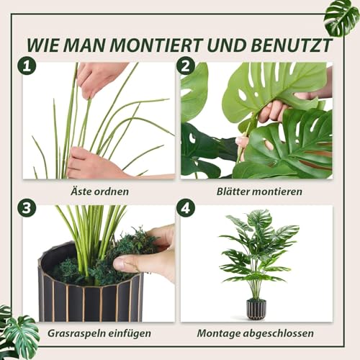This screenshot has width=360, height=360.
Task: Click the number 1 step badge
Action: pos(28,66)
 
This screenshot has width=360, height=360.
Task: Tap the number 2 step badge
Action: pos(186,66)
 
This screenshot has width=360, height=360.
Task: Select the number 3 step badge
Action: pos(28,209)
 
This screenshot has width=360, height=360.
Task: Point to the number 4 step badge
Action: pos(186,209)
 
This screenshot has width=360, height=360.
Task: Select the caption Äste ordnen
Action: pos(100,192)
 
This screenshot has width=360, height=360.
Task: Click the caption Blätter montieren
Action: pos(259,192)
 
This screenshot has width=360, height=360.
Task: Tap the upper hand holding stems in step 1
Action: pos(101,76)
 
